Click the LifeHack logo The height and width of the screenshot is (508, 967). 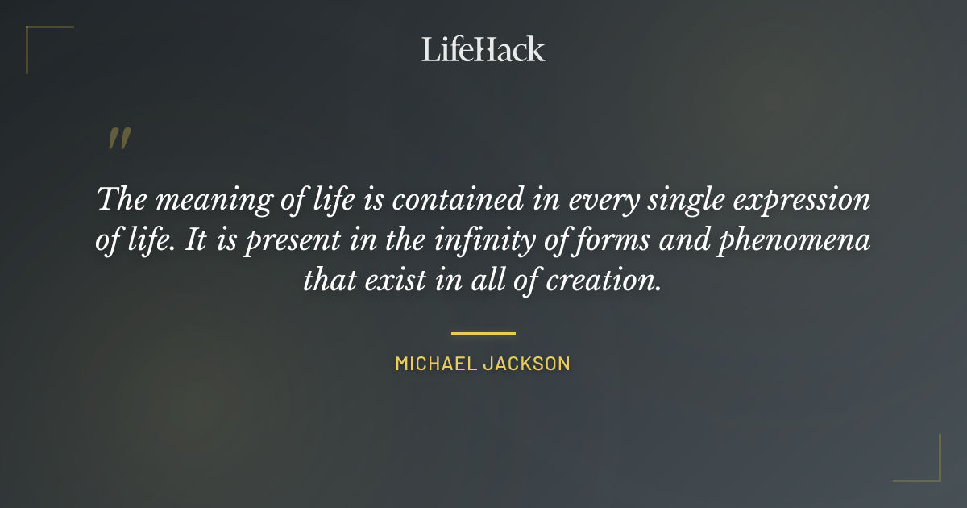[x=483, y=49]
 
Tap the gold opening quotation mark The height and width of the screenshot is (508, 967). [x=118, y=139]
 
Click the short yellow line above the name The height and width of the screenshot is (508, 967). [x=483, y=332]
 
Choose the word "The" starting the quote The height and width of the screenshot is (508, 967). [x=122, y=200]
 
